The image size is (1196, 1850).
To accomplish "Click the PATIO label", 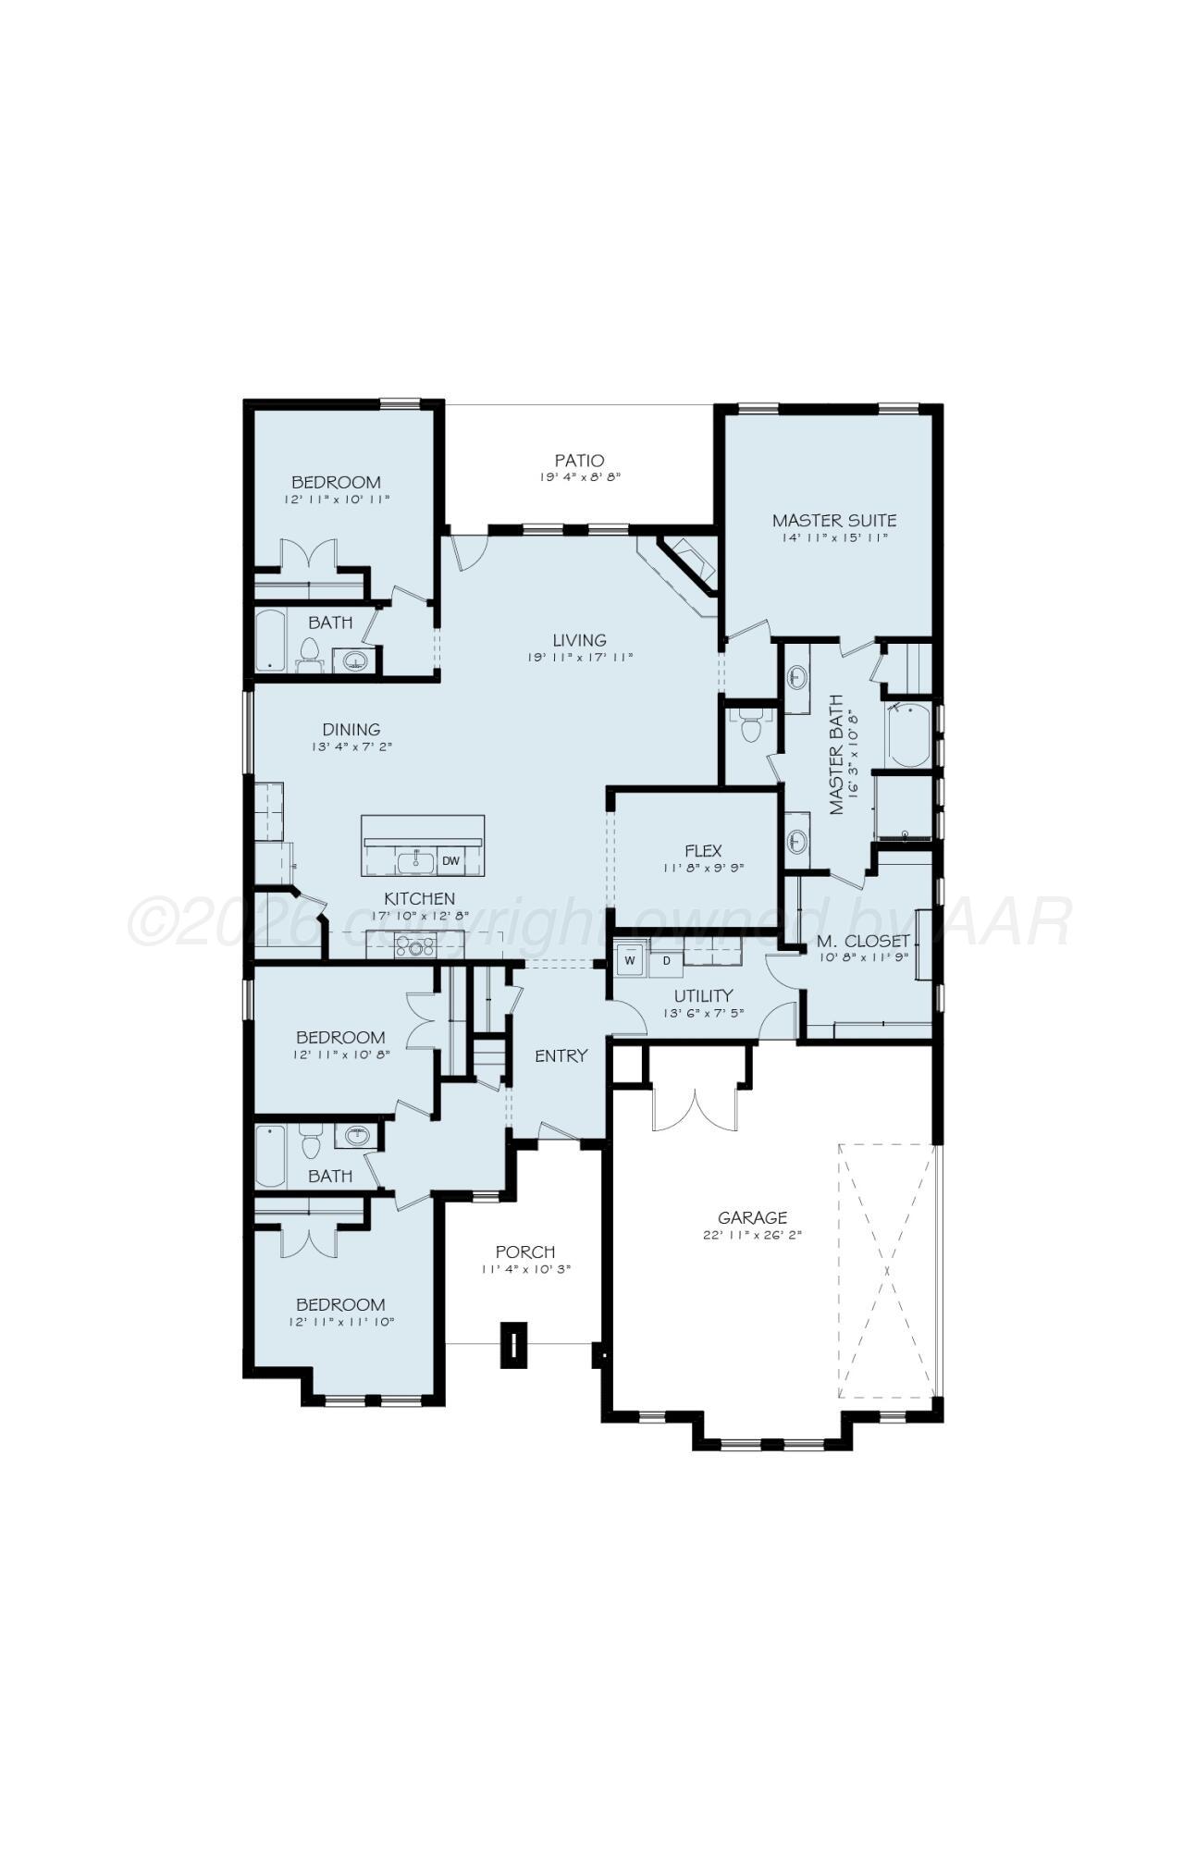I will (579, 460).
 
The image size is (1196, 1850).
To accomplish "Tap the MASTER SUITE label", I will (833, 520).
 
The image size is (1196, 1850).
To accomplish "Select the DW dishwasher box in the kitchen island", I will (450, 861).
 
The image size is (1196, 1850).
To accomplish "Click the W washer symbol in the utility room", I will (630, 960).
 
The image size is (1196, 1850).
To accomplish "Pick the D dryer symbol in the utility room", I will (666, 960).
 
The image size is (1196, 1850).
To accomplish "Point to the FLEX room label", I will (703, 850).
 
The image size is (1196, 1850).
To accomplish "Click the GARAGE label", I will (752, 1217).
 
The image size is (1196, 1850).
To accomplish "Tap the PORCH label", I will (524, 1252).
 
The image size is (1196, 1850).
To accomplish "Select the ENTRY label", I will (561, 1055).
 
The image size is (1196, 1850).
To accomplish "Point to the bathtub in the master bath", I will (907, 735).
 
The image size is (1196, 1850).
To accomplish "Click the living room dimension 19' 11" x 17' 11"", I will (579, 657).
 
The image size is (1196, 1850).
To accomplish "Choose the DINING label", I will (351, 730).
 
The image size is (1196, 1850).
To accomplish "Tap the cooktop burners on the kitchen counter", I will (415, 946).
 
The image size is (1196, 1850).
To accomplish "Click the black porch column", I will (513, 1344).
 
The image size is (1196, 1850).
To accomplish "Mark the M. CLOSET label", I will (862, 942).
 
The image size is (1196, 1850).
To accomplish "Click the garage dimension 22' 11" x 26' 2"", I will (752, 1235).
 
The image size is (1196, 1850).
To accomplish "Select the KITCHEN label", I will (419, 898).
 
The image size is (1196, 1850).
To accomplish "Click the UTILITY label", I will (703, 995).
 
